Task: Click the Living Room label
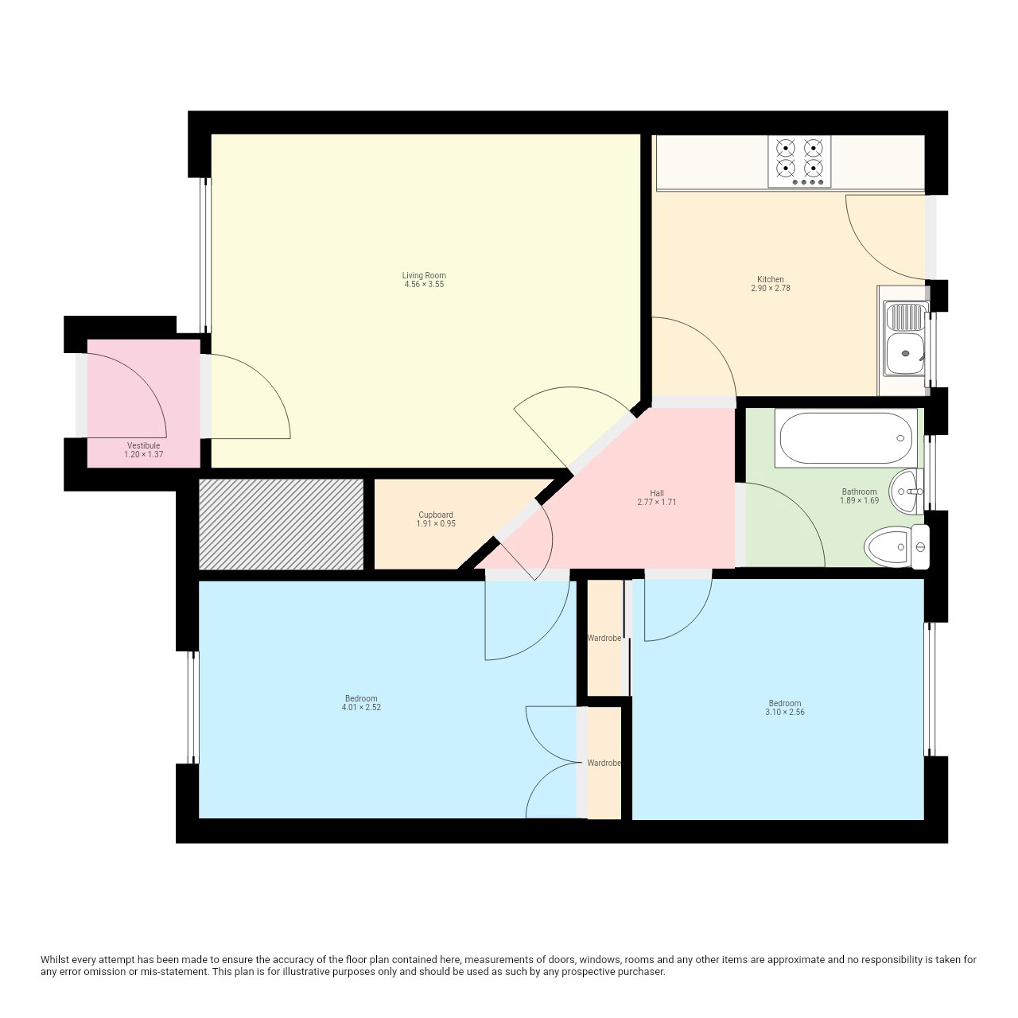pos(424,275)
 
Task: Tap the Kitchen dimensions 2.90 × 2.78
pos(770,289)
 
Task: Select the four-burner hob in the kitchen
pos(799,161)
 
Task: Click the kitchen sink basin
pos(906,353)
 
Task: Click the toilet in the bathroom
pos(896,546)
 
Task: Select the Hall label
pos(657,493)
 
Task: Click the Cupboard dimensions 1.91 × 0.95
pos(436,523)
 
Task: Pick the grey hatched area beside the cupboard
pos(281,524)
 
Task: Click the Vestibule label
pos(144,445)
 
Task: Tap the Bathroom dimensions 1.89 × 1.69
pos(860,500)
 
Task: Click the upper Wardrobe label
pos(604,638)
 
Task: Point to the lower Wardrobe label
pos(604,763)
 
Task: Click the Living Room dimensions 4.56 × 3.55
pos(424,284)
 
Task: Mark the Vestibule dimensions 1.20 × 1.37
pos(144,454)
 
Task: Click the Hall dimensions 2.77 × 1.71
pos(657,502)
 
